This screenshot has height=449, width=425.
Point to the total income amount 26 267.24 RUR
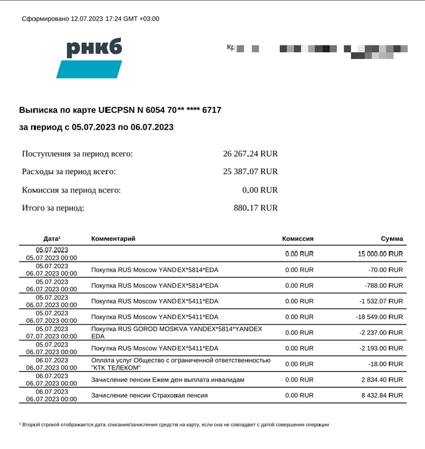pyautogui.click(x=250, y=154)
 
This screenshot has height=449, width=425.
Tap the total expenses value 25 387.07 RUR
pyautogui.click(x=250, y=172)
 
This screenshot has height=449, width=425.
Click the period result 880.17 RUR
pyautogui.click(x=256, y=208)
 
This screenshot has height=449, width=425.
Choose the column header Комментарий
pyautogui.click(x=113, y=239)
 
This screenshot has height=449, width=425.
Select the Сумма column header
pyautogui.click(x=392, y=239)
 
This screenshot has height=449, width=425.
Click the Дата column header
pyautogui.click(x=52, y=239)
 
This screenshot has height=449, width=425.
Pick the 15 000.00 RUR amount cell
pyautogui.click(x=381, y=254)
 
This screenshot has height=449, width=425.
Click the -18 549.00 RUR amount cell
pyautogui.click(x=379, y=317)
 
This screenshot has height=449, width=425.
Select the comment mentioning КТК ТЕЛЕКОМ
pyautogui.click(x=180, y=363)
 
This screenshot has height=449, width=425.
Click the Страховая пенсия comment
pyautogui.click(x=149, y=395)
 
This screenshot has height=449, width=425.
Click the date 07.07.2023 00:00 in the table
pyautogui.click(x=52, y=336)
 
